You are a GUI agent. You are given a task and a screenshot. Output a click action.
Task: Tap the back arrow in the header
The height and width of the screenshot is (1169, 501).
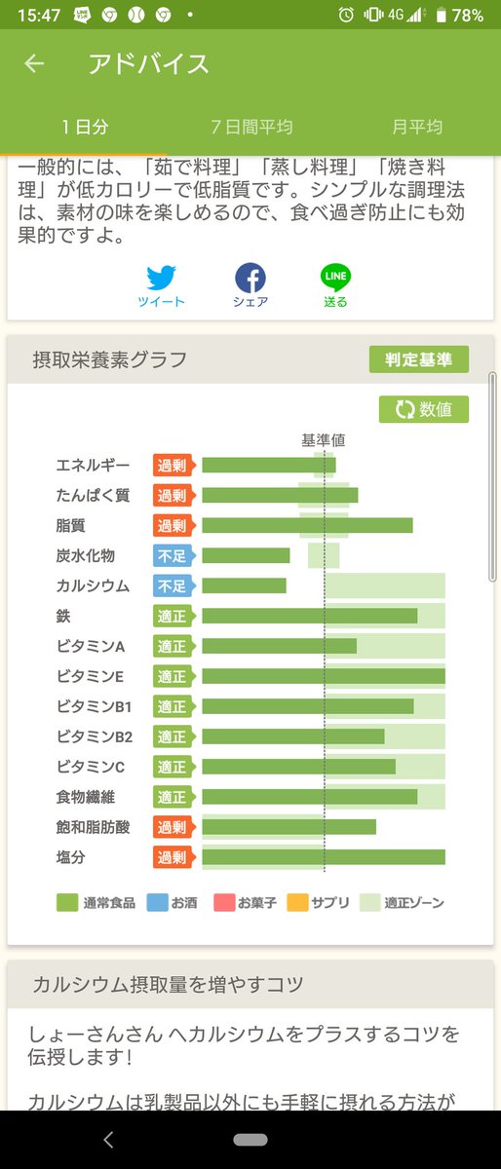34,64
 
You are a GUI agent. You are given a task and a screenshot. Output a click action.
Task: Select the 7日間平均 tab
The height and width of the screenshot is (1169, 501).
251,127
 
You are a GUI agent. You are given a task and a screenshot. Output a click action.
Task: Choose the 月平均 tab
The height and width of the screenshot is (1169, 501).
417,127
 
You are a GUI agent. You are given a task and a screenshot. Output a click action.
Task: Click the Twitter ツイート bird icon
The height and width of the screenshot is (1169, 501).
161,279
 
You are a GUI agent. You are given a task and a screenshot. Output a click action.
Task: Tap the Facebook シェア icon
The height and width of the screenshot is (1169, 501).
250,279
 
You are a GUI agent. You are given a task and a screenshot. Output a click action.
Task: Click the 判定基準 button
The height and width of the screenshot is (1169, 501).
418,359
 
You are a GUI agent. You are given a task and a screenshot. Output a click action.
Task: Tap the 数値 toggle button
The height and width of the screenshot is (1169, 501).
424,409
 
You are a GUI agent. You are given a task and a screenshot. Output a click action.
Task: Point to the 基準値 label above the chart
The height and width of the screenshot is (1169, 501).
323,440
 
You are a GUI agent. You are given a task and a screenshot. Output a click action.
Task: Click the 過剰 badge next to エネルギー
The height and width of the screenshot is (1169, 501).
173,466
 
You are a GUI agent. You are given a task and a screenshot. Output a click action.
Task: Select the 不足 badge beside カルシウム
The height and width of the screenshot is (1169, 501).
173,586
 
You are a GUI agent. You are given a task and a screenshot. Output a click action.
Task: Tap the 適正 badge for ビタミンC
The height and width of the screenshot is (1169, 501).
173,767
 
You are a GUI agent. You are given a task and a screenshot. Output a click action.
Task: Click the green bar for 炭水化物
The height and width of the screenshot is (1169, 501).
246,555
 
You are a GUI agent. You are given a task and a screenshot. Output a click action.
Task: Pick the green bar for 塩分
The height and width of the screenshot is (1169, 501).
323,857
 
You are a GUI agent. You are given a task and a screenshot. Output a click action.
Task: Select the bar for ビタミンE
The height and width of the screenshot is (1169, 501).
323,676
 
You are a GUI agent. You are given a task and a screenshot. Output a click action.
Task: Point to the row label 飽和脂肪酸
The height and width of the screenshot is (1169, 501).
93,827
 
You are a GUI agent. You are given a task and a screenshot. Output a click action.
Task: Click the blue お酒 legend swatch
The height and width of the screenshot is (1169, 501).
157,903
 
